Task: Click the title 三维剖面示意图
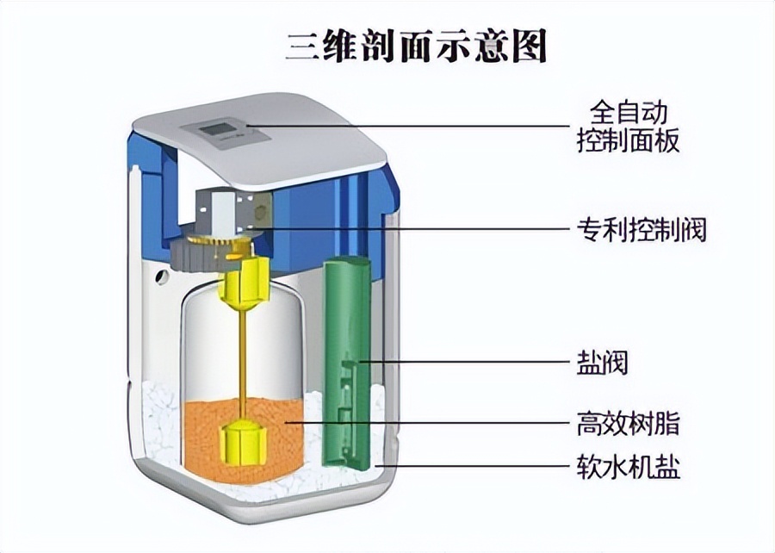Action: click(x=416, y=47)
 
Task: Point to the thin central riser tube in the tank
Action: click(x=243, y=362)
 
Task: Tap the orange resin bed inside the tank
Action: click(x=276, y=439)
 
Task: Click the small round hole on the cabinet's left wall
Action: click(x=159, y=277)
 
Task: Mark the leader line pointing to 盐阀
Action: click(x=465, y=362)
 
